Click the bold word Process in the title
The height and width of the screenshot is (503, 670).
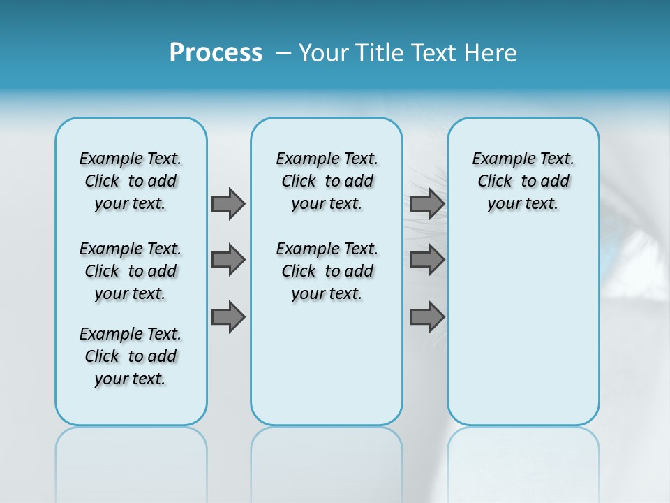(216, 53)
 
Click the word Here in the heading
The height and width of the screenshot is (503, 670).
(491, 53)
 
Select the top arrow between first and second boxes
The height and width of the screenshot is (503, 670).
(228, 203)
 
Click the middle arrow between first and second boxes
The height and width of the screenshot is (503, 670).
(228, 260)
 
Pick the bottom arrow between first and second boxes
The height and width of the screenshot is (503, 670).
(228, 318)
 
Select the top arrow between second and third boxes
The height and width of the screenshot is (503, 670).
(427, 203)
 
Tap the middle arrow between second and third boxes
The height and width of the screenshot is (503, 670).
(427, 260)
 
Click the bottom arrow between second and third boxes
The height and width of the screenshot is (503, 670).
(427, 318)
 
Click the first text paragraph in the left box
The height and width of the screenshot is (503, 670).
(131, 181)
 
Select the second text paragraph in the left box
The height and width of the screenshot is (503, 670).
(131, 271)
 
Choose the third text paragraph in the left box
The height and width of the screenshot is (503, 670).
(131, 356)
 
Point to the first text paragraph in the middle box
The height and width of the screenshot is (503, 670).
(327, 181)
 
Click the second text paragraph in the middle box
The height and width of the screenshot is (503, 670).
(327, 271)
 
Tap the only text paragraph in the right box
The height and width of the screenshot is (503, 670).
(523, 181)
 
